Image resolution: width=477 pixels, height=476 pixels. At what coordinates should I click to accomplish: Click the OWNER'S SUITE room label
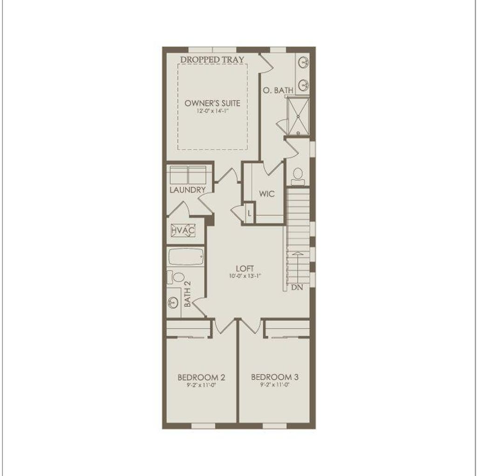[x=212, y=103]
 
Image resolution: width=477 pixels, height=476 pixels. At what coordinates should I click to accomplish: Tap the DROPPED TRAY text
[x=212, y=60]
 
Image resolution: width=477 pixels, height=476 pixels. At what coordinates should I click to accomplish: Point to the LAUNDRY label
[x=187, y=190]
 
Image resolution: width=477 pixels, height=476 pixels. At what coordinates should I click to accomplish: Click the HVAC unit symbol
[x=183, y=230]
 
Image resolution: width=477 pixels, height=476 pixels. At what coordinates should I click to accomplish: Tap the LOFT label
[x=244, y=268]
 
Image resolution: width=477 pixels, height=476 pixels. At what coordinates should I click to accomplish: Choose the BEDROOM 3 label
[x=274, y=376]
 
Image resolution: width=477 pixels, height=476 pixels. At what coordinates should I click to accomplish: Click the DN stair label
[x=297, y=288]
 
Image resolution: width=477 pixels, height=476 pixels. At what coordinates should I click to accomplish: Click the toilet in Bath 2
[x=177, y=278]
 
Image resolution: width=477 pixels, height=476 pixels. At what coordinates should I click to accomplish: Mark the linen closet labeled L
[x=250, y=213]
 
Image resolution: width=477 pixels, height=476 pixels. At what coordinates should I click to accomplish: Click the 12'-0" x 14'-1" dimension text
[x=212, y=111]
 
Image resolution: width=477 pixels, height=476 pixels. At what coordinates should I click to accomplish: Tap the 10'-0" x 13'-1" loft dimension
[x=244, y=276]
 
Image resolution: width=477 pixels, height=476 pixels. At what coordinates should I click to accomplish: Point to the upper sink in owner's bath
[x=304, y=62]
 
